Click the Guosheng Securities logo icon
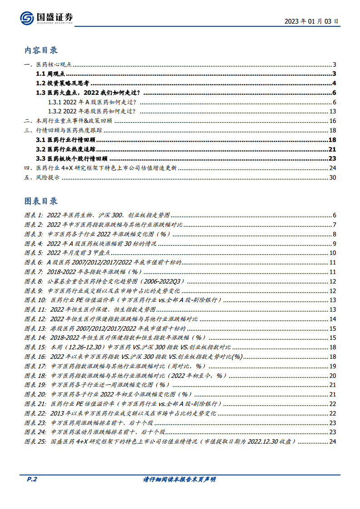tap(28, 19)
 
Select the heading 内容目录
tap(41, 50)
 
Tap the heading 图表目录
tap(41, 201)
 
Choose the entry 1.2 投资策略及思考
tap(62, 83)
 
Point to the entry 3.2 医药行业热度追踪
tap(66, 149)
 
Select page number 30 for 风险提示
tap(332, 177)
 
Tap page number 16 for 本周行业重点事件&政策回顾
tap(332, 121)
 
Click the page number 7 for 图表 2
tap(334, 225)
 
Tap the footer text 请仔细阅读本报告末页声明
tap(180, 480)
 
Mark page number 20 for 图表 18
tap(332, 376)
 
